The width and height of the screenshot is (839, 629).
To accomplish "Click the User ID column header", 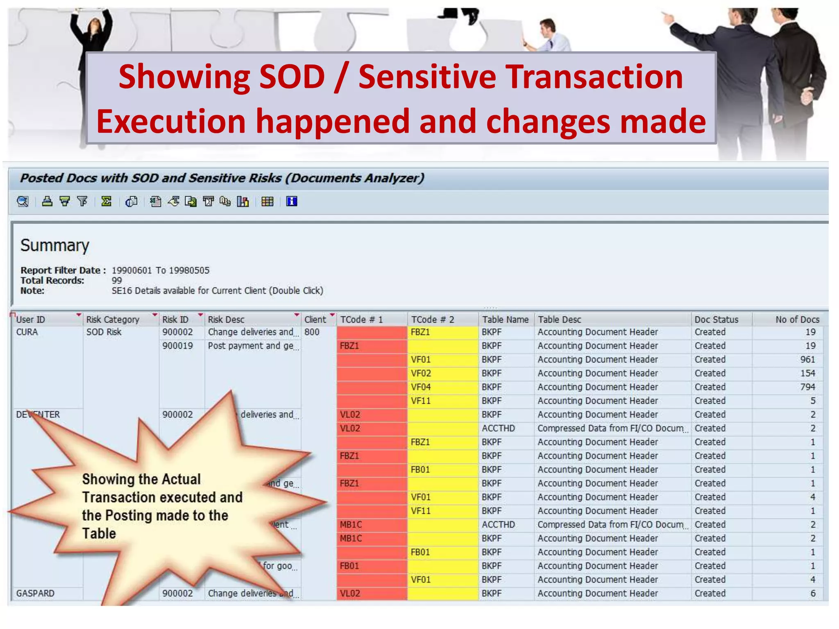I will [31, 319].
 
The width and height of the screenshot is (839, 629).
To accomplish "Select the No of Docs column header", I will [797, 319].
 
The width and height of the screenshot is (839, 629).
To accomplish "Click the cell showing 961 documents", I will [807, 360].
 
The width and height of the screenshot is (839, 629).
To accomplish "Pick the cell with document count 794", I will [807, 387].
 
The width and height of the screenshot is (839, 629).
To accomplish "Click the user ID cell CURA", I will [27, 332].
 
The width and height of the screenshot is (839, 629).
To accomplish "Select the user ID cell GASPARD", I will [35, 593].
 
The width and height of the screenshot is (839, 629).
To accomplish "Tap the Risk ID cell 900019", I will [177, 346].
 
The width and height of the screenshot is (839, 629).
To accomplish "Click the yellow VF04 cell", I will [421, 387].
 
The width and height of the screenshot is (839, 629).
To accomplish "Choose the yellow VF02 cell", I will [421, 373].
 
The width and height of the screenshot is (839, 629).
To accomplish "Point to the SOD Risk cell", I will [104, 332].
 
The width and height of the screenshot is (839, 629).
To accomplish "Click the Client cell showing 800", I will [312, 332].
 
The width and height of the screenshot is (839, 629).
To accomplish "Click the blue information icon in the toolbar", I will [292, 201].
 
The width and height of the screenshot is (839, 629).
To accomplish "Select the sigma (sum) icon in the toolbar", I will [107, 201].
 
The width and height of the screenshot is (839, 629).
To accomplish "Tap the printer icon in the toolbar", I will [48, 201].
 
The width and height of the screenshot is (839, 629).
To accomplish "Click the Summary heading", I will [54, 245].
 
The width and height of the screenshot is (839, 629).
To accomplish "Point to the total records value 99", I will [117, 281].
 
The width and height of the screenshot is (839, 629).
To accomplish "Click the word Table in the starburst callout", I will [99, 534].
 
